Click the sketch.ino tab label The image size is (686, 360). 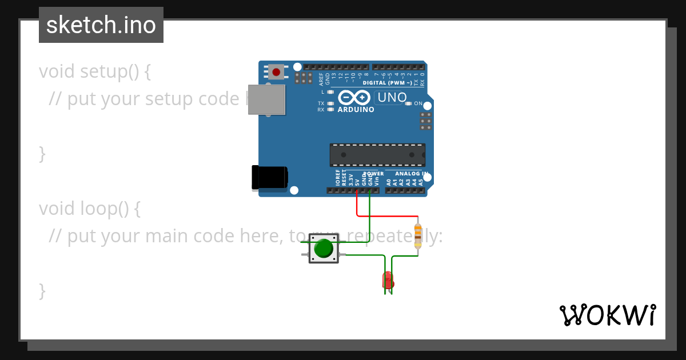[101, 25]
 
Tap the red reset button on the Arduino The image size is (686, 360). [277, 72]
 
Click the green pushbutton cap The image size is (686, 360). [324, 249]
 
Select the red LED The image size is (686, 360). [388, 280]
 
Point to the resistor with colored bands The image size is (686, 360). [418, 235]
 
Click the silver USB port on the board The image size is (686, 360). [267, 100]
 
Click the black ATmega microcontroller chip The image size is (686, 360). [377, 155]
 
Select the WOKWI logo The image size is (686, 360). [607, 315]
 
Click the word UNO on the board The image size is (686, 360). [392, 98]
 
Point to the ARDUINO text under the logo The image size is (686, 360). [356, 109]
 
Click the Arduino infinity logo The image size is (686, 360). [354, 98]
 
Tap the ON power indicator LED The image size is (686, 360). [408, 103]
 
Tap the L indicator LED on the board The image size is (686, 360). [330, 91]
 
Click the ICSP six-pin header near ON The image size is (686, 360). [425, 121]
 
